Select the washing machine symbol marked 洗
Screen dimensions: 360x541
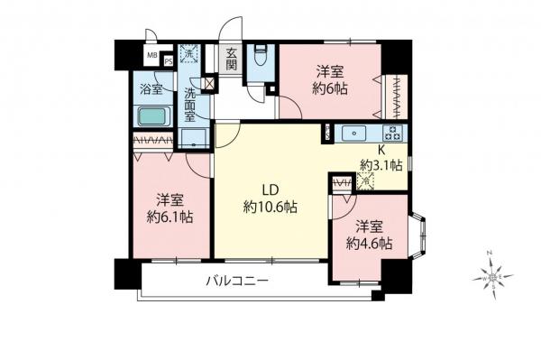point(188,53)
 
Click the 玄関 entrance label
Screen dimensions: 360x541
point(232,58)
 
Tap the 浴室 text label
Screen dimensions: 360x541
point(151,89)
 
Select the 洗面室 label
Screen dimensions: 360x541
point(190,106)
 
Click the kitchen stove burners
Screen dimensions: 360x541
point(394,134)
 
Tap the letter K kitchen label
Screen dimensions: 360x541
point(381,151)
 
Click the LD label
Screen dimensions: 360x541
point(270,190)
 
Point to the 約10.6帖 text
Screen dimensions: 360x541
point(270,208)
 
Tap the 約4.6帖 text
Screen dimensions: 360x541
point(370,243)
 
